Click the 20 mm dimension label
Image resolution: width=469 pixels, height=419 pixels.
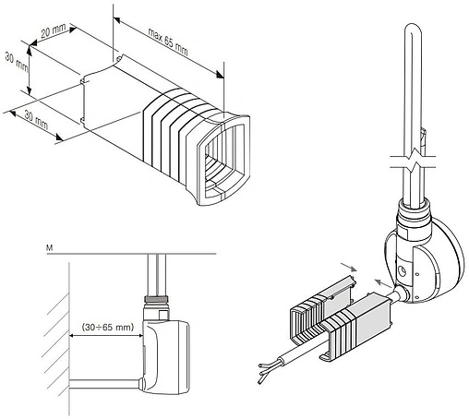[54, 30]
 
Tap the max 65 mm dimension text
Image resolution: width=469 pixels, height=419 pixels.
[168, 42]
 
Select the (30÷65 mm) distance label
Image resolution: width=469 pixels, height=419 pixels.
[108, 327]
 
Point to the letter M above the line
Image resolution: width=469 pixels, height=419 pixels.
[49, 247]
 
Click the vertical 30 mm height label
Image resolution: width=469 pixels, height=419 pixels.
[17, 62]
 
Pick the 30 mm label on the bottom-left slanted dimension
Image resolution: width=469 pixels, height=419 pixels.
[36, 120]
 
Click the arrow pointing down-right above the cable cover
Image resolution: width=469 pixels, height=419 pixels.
[348, 267]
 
